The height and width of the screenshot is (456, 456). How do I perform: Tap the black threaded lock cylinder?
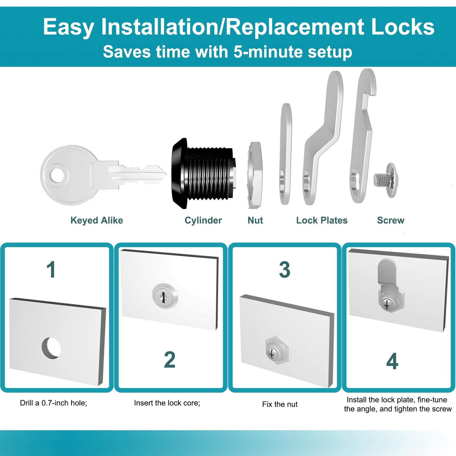coord(203,173)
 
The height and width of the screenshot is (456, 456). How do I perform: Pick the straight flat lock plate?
coord(285,154)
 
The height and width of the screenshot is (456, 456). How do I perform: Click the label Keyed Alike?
coord(97,220)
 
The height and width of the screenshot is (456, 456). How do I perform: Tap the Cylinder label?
coord(203,220)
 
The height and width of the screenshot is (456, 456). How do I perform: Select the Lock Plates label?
coord(322,220)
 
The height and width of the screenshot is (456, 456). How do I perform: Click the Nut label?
coord(255,220)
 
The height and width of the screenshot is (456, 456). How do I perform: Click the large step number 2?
coord(170,359)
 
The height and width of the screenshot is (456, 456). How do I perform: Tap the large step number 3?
coord(284,269)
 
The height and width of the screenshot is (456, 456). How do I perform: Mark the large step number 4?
coord(392,361)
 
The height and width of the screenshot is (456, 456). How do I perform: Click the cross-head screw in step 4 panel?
coord(386,305)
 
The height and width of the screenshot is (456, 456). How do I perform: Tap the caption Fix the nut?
coord(280,404)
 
